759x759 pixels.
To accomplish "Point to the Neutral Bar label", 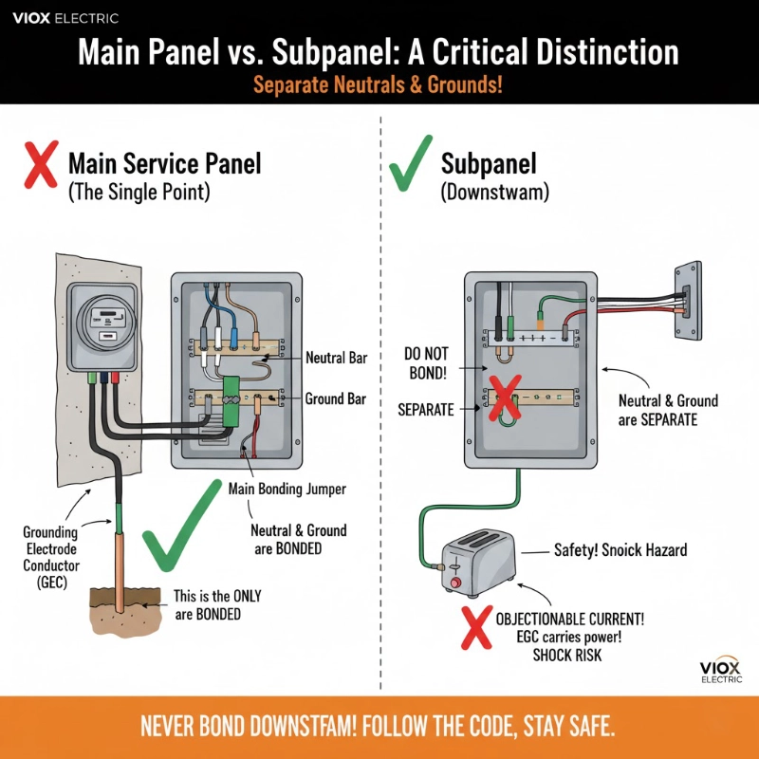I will click(336, 359).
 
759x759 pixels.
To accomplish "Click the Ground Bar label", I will click(335, 399).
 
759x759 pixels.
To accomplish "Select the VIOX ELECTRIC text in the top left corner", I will click(65, 17).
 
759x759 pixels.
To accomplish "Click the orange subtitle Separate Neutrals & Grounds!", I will click(378, 84).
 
